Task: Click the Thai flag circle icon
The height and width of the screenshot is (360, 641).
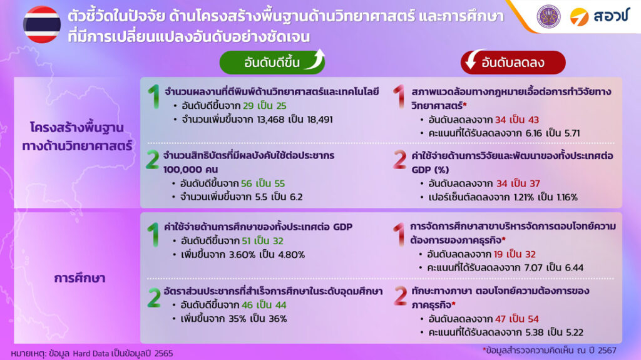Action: [x=42, y=24]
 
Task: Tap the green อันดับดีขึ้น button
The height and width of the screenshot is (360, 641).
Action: [x=272, y=62]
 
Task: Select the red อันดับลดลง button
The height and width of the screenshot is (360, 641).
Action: [x=513, y=62]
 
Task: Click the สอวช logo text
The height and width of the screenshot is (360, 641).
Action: [x=611, y=16]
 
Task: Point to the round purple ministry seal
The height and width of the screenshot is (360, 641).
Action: [x=548, y=16]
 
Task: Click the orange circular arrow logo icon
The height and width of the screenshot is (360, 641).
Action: [x=579, y=17]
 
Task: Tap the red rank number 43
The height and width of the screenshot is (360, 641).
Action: [x=533, y=120]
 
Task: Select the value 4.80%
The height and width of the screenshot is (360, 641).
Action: [x=292, y=254]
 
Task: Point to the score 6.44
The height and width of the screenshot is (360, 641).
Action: [x=574, y=267]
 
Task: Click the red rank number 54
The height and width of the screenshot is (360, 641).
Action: [x=533, y=319]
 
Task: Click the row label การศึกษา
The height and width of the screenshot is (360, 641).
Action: [x=79, y=278]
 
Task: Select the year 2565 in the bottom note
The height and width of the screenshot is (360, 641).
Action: [x=163, y=353]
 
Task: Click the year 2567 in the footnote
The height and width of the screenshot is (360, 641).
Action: [x=607, y=350]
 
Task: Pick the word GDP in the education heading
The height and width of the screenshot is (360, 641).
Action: [x=342, y=227]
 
